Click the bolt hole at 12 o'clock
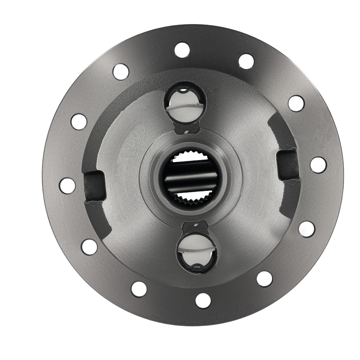[x=182, y=50]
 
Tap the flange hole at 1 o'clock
[x=246, y=61]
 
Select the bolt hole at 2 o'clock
[x=296, y=103]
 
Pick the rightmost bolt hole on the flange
[x=318, y=165]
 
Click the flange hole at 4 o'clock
[x=306, y=229]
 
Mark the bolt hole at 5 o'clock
[x=265, y=279]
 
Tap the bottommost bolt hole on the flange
[x=203, y=301]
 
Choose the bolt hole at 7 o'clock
[x=139, y=289]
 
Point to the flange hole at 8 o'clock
[x=89, y=247]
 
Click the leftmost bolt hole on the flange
[x=67, y=186]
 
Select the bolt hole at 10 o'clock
[x=79, y=121]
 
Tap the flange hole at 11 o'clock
[x=121, y=72]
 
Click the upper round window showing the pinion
[x=185, y=104]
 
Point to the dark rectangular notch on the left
[x=95, y=186]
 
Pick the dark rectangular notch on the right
[x=288, y=165]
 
